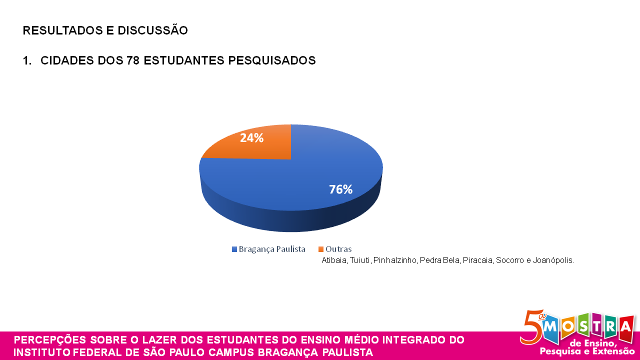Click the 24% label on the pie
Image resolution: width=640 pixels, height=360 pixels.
(x=251, y=138)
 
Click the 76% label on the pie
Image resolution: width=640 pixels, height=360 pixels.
(x=340, y=189)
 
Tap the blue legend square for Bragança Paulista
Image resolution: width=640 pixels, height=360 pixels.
(x=234, y=249)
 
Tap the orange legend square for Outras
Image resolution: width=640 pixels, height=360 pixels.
(x=321, y=249)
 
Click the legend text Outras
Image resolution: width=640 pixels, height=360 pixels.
(x=338, y=249)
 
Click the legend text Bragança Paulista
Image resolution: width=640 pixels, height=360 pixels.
(x=272, y=249)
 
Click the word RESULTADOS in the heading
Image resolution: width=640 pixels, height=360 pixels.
(x=62, y=30)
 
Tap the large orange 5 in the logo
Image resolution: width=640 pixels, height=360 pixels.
(x=529, y=327)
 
